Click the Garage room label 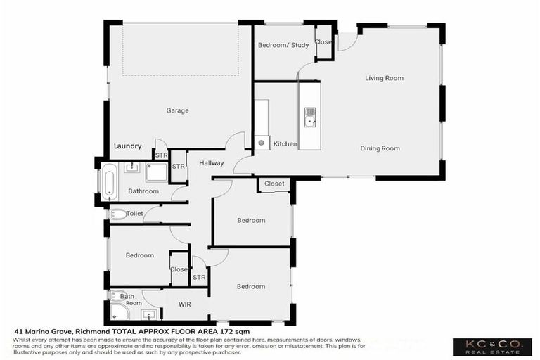pos(177,110)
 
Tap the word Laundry pos(127,146)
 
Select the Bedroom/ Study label pos(279,45)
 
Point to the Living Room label pos(384,78)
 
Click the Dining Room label pos(380,148)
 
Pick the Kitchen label pos(285,144)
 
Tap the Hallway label pos(211,163)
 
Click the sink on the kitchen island pos(309,116)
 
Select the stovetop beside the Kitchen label pos(262,143)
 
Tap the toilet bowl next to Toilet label pos(117,214)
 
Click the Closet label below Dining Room pos(274,184)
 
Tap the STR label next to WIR pos(198,278)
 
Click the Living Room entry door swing pos(347,42)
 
